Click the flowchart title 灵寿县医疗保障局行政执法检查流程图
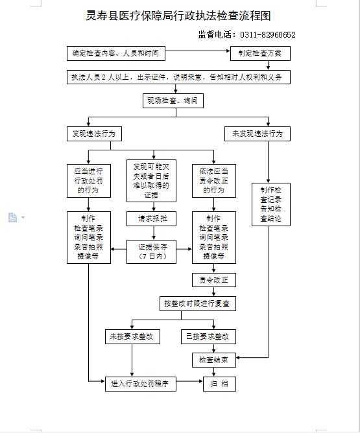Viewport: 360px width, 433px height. click(178, 16)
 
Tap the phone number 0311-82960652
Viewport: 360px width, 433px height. click(268, 35)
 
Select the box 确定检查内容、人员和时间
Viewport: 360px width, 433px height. click(116, 53)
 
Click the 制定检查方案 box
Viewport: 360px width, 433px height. click(260, 53)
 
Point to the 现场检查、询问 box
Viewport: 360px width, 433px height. click(173, 100)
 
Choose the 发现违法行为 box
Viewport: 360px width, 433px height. click(94, 134)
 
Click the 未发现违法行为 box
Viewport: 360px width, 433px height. click(258, 134)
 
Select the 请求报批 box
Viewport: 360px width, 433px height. click(151, 218)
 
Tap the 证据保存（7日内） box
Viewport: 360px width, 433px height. click(151, 252)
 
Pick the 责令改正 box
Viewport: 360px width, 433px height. click(214, 280)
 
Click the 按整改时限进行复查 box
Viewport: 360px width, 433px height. click(198, 304)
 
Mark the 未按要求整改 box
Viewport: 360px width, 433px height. click(132, 336)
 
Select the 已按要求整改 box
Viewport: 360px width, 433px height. click(209, 336)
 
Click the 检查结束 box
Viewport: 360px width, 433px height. click(214, 360)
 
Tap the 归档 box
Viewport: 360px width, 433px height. click(220, 384)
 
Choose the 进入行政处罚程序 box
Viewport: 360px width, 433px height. click(141, 384)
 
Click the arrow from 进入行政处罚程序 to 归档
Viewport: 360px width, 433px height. click(190, 381)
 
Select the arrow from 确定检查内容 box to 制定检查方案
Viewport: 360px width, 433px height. click(198, 51)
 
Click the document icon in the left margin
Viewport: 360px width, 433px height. click(13, 218)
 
